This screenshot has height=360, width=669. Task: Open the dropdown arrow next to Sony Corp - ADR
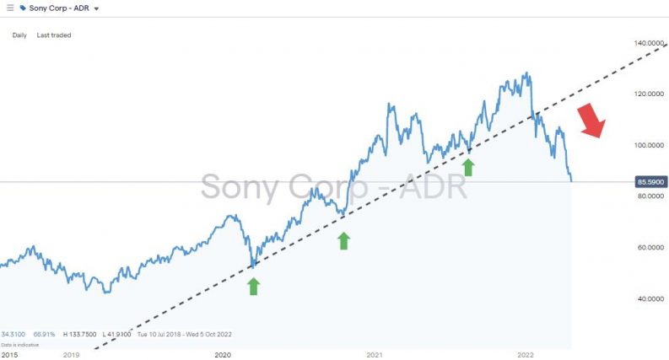point(96,8)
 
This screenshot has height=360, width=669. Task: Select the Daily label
point(19,35)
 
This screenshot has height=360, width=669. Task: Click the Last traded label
point(54,35)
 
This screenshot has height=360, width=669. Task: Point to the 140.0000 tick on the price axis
point(648,43)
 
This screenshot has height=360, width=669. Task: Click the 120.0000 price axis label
point(648,94)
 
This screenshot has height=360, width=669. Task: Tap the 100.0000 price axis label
point(648,145)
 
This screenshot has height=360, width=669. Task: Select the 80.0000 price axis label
point(648,196)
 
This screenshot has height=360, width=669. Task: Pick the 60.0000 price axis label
point(648,248)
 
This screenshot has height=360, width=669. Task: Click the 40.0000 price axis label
point(648,298)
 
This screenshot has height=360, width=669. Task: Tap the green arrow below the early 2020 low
point(253,287)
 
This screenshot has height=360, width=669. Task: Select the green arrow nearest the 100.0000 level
point(467,166)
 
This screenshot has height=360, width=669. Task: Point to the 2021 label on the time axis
point(375,355)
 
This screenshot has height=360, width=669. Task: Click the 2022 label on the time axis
point(526,355)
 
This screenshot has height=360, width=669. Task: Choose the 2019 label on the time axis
point(71,355)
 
